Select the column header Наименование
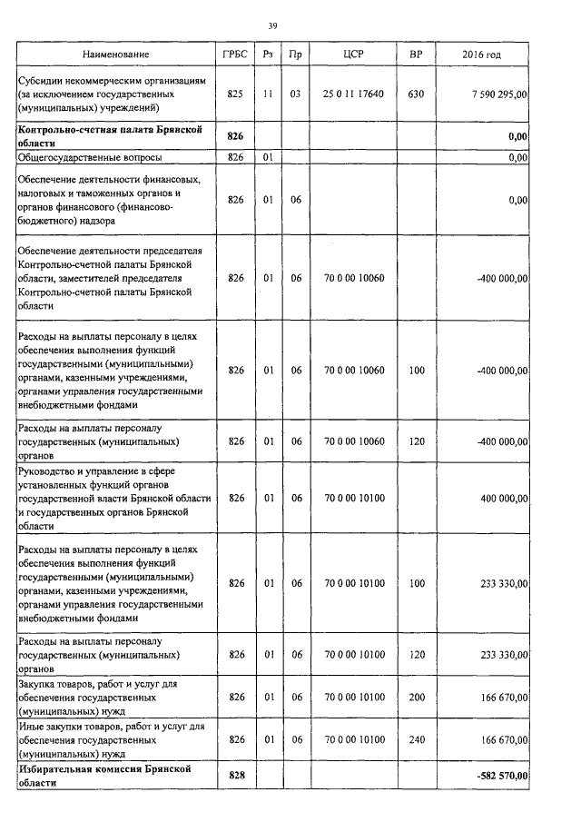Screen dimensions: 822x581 click(115, 55)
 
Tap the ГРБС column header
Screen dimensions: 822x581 click(235, 55)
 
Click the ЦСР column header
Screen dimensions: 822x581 click(354, 55)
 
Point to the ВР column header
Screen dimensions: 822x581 click(416, 55)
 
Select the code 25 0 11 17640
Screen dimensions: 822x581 click(354, 94)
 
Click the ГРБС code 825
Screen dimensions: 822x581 click(235, 94)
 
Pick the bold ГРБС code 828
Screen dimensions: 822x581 click(235, 775)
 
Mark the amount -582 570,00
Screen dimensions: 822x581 click(501, 775)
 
